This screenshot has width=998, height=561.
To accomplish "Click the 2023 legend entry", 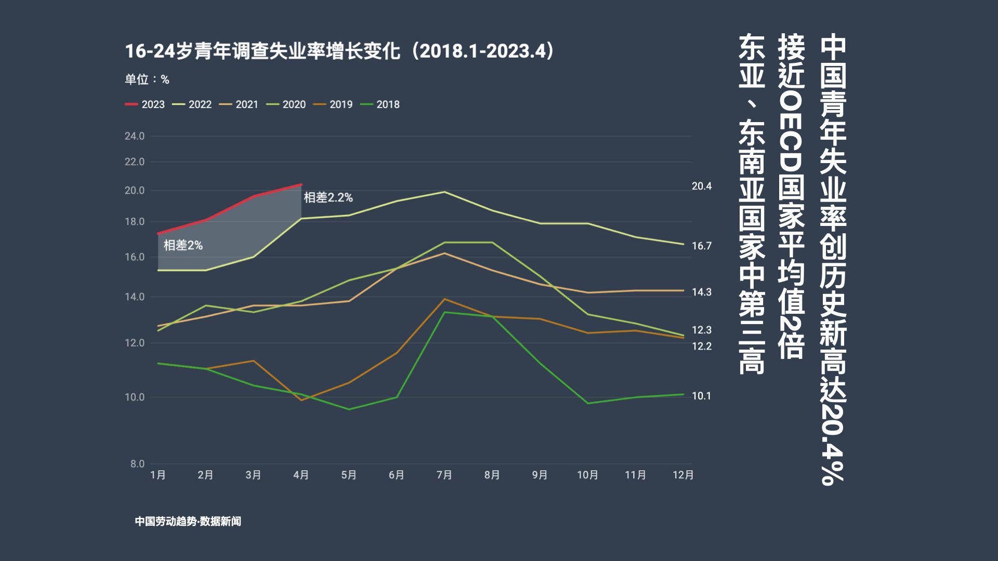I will (146, 104).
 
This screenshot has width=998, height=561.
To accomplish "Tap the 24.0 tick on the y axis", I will (135, 136).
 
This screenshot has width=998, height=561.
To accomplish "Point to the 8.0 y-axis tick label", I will (137, 464).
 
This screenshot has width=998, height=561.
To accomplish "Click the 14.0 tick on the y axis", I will (135, 297).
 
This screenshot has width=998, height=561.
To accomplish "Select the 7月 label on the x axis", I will (444, 475).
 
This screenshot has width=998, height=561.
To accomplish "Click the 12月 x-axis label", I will (683, 475).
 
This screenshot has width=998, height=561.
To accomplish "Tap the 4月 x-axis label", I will (301, 475).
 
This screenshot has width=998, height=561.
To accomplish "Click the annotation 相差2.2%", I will (328, 197).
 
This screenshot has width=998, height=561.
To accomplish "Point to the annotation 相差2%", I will (183, 245).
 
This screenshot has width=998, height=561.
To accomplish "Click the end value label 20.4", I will (702, 186).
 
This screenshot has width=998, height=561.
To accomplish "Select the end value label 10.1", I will (701, 396).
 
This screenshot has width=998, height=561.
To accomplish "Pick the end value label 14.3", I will (701, 292).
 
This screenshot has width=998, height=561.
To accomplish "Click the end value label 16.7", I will (701, 246).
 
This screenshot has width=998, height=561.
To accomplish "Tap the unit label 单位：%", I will (147, 79).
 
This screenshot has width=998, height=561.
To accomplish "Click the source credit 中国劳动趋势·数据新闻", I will (188, 521).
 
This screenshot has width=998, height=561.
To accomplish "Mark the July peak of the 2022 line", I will (444, 192).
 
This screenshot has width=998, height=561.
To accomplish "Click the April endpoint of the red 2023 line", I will (301, 184).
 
